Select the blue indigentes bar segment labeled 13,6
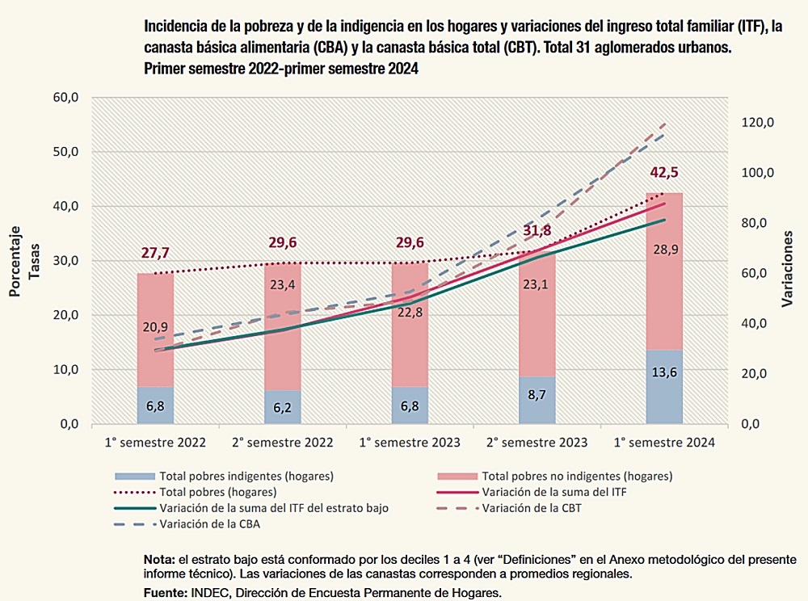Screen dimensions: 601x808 click(x=665, y=386)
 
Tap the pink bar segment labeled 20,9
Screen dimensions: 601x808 click(x=155, y=327)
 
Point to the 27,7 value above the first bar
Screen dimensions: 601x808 click(x=155, y=253)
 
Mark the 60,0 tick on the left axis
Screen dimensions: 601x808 click(x=64, y=98)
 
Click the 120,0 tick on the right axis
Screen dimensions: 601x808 click(x=759, y=123)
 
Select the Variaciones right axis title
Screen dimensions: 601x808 click(x=788, y=267)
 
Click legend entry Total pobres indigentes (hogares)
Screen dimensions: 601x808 click(x=246, y=476)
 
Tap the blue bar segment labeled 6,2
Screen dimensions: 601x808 click(x=283, y=407)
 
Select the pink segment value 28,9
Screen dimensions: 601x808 click(x=665, y=250)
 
